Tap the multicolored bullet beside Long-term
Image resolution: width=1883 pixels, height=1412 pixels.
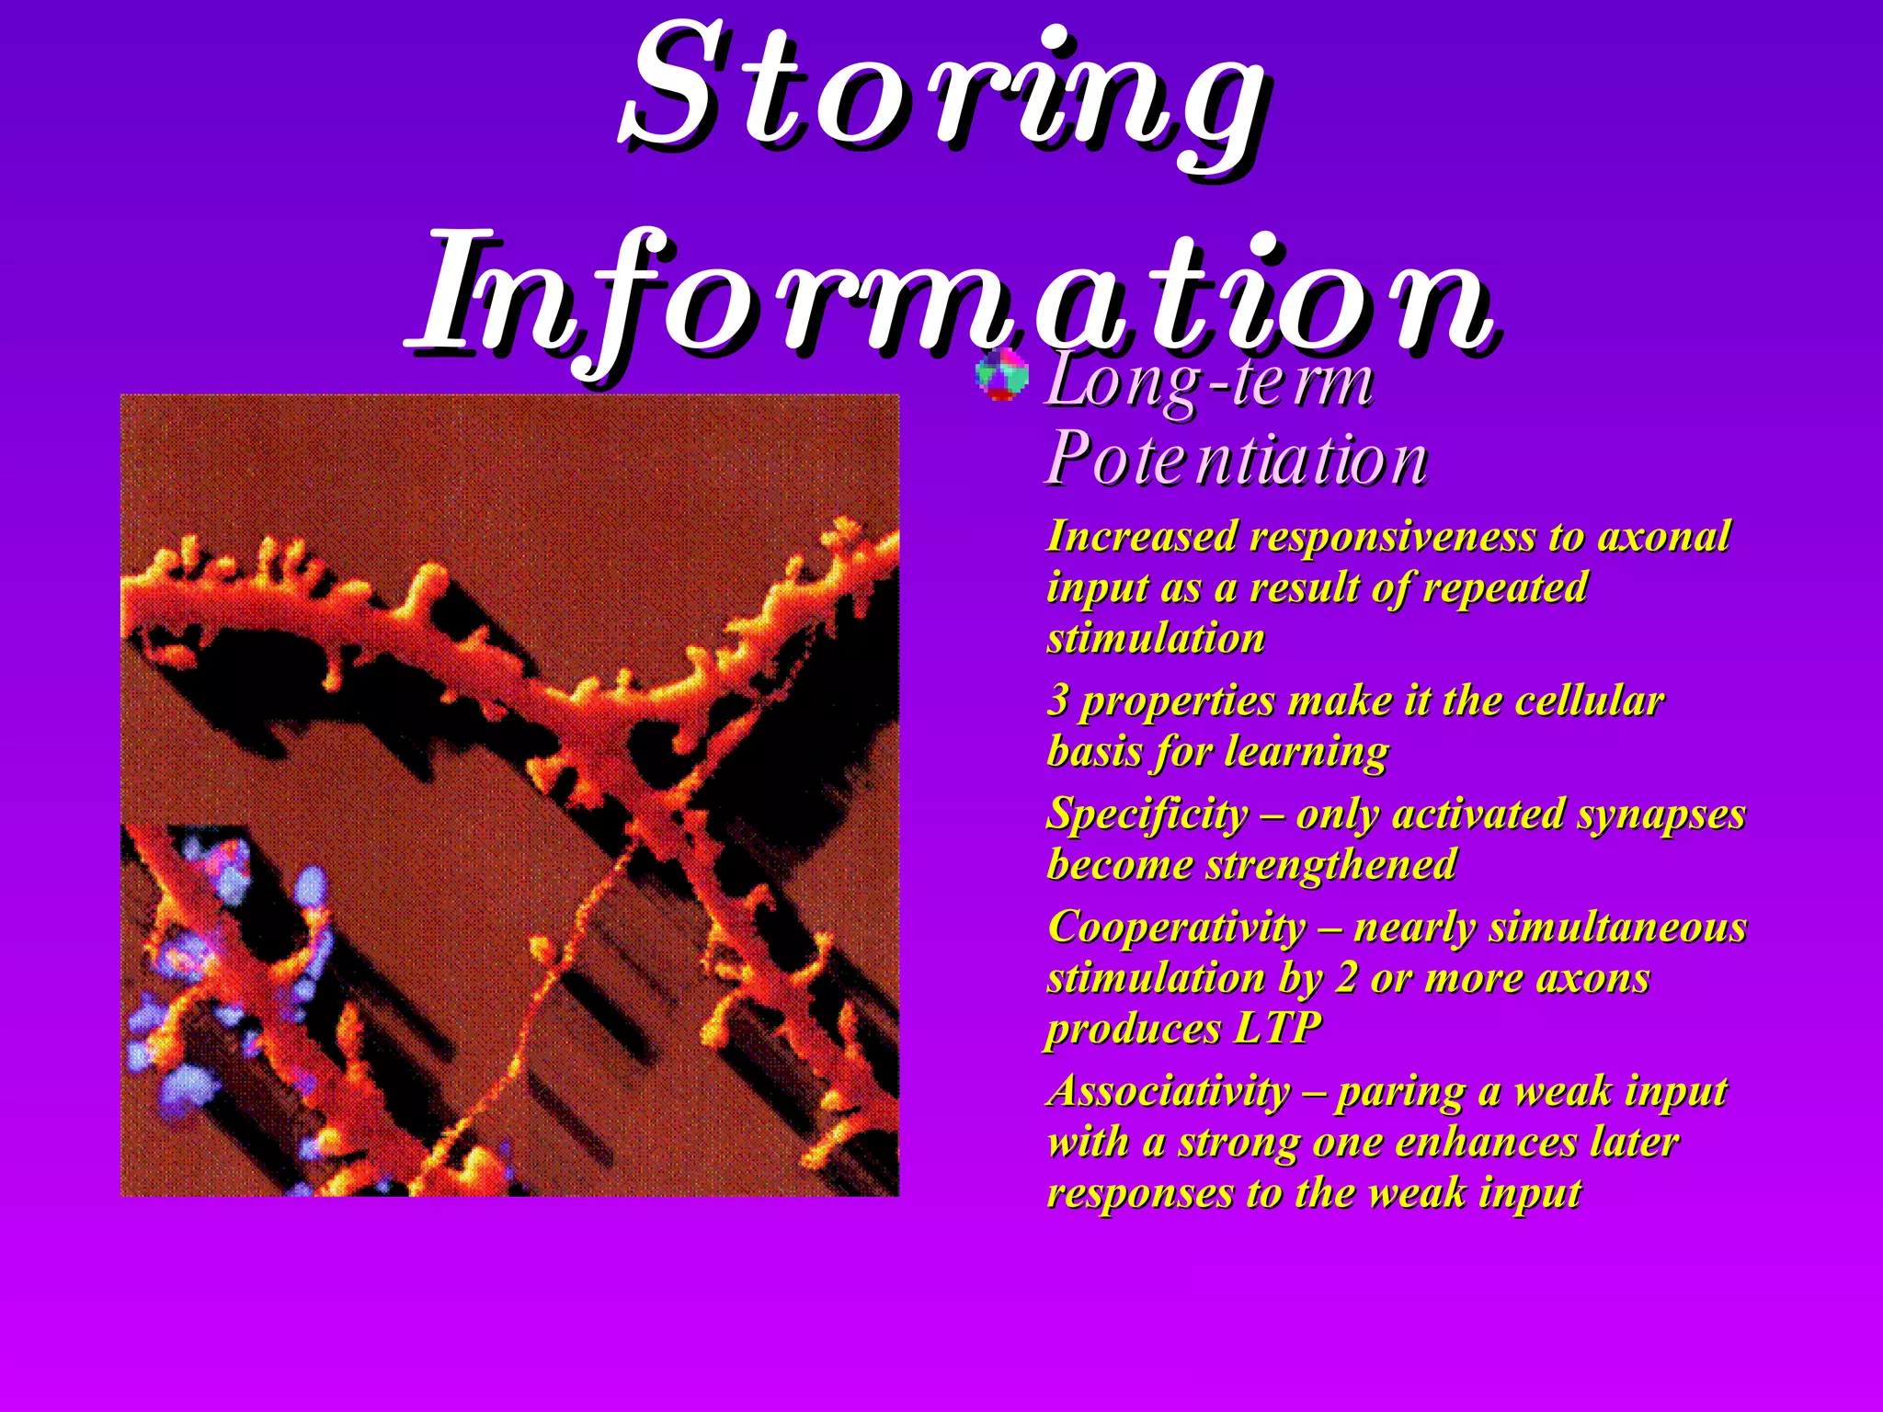pos(1001,375)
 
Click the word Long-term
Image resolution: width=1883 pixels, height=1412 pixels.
pos(1209,381)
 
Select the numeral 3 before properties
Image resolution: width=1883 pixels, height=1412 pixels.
pos(1058,700)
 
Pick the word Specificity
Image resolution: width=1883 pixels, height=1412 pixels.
pos(1147,814)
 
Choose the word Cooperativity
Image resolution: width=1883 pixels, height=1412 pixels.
pos(1176,927)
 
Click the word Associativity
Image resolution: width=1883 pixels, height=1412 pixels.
pos(1170,1091)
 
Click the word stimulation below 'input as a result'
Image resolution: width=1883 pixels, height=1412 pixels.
pos(1156,638)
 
